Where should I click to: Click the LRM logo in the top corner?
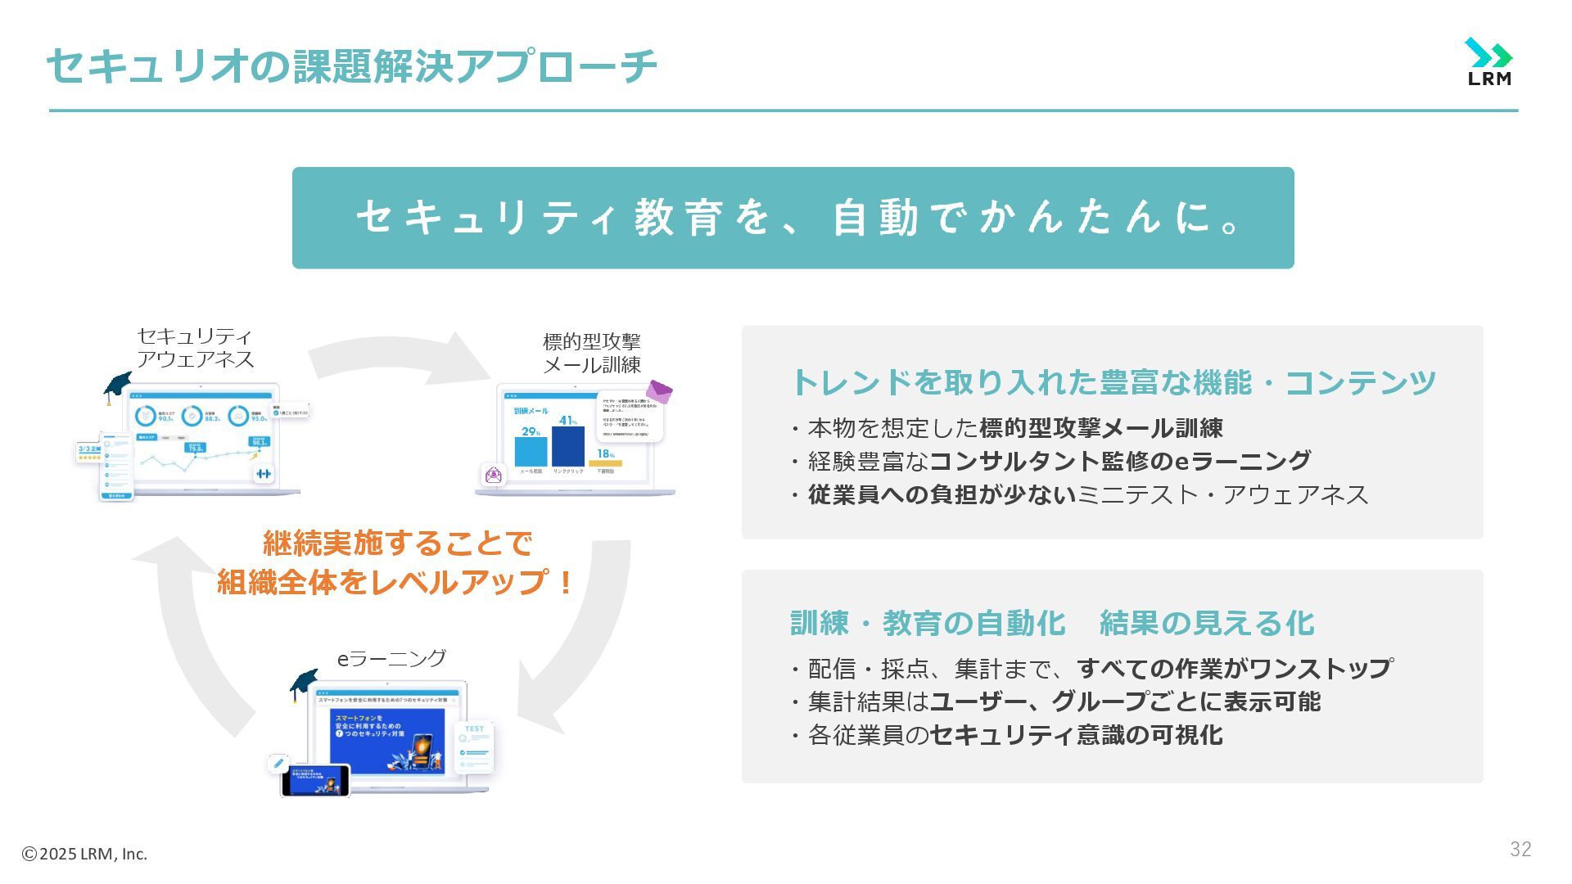(1488, 61)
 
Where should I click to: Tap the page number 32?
(1520, 850)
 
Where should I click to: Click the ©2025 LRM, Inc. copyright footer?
(84, 854)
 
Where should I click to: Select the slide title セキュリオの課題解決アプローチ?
(352, 66)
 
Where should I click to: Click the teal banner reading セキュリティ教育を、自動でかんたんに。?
(793, 218)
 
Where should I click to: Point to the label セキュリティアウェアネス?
(195, 348)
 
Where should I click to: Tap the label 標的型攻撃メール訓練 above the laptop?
(591, 353)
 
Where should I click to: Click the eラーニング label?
(391, 658)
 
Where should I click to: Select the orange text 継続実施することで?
(397, 543)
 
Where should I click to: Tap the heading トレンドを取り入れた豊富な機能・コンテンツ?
(1113, 382)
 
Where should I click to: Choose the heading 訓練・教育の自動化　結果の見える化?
(1051, 623)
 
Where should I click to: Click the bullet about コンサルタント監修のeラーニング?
(1051, 462)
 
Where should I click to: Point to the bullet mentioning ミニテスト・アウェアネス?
(1080, 495)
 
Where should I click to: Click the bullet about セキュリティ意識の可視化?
(1007, 735)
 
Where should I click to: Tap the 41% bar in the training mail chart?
(567, 446)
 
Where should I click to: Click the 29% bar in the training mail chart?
(531, 451)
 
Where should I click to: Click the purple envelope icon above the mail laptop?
(659, 391)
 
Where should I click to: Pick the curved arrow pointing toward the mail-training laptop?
(401, 358)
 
